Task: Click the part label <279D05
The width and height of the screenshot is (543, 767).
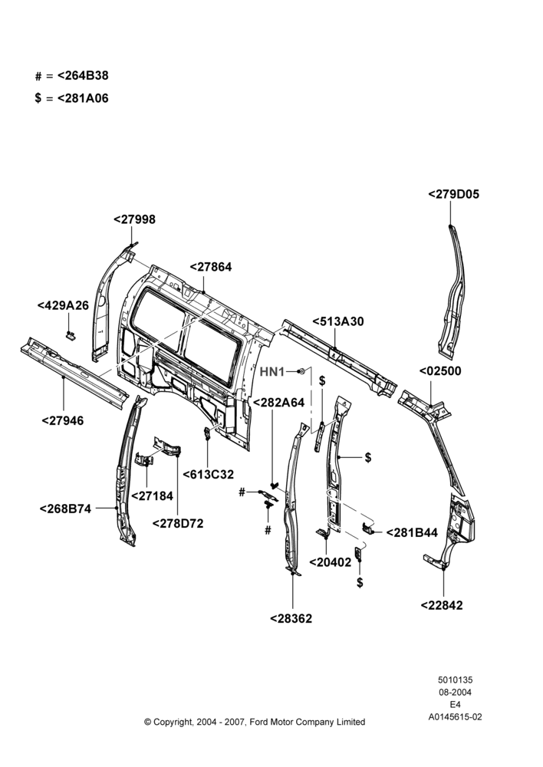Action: tap(453, 194)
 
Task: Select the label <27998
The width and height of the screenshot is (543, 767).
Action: tap(134, 219)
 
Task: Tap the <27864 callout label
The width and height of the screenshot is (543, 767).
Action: tap(210, 267)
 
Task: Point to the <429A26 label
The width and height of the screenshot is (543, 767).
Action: tap(63, 305)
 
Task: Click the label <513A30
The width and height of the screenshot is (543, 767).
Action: tap(338, 321)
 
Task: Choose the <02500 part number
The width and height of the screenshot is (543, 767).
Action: tap(440, 370)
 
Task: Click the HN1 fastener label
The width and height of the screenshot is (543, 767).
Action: tap(272, 372)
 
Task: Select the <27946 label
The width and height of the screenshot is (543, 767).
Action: tap(63, 420)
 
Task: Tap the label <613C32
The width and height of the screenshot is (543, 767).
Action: tap(209, 474)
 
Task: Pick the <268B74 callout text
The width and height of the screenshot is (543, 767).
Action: tap(65, 509)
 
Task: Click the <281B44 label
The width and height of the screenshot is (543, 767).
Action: tap(412, 533)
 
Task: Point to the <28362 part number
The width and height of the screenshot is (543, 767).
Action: tap(291, 618)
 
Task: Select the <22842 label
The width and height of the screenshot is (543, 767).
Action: tap(442, 605)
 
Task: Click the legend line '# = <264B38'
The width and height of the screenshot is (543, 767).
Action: tap(72, 76)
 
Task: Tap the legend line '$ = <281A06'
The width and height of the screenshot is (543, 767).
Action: tap(72, 98)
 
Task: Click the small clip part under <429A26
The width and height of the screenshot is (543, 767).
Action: tap(71, 335)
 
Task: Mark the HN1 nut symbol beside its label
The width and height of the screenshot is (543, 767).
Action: tap(303, 371)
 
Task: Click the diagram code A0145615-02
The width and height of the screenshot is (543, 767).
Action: tap(455, 717)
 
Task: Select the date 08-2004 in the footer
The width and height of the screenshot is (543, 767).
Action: tap(455, 692)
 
